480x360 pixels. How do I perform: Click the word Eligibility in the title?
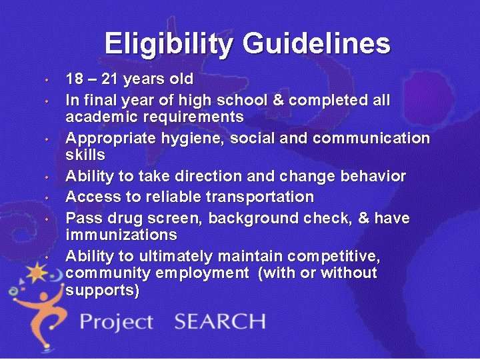(169, 44)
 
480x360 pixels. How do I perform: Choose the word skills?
(85, 155)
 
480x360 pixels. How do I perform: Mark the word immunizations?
(121, 235)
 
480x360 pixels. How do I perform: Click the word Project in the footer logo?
(117, 322)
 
